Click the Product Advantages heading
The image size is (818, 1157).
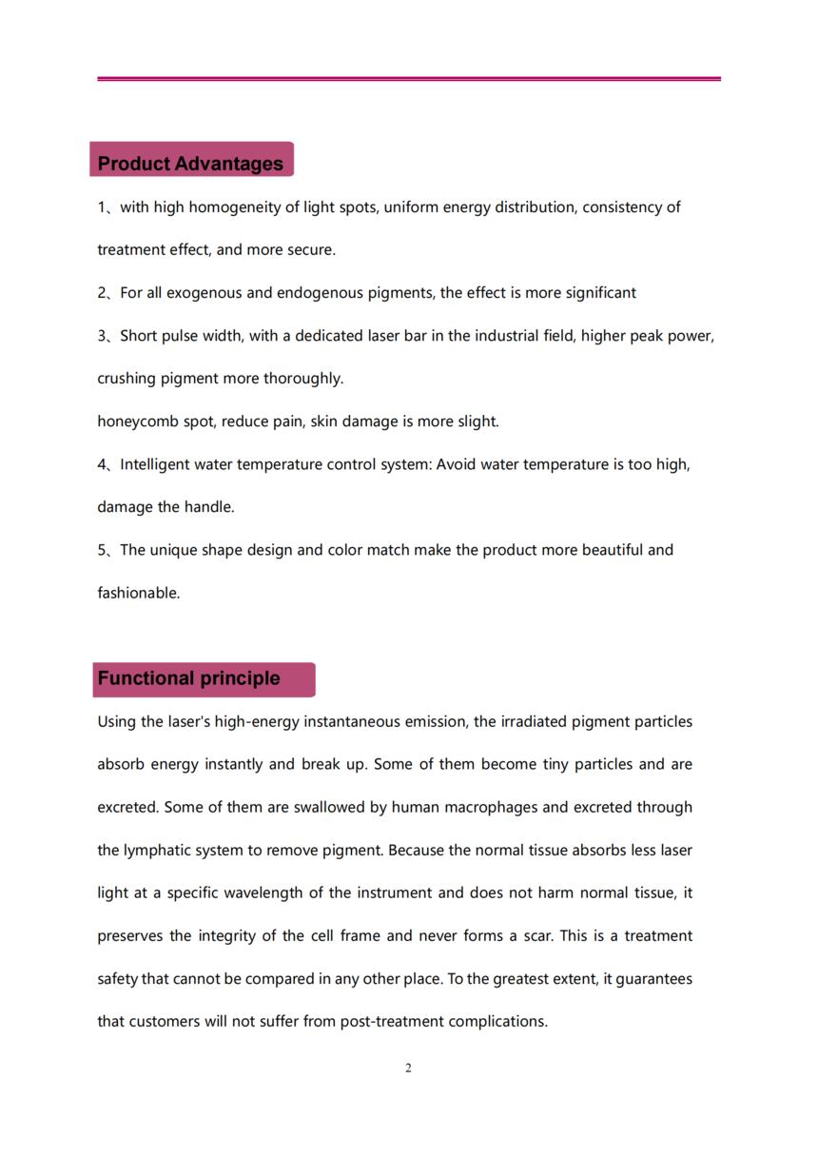coord(190,164)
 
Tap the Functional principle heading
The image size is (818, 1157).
coord(188,678)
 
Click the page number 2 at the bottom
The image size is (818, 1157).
coord(409,1069)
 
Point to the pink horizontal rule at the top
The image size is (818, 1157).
coord(409,79)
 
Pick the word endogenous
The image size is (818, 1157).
coord(318,293)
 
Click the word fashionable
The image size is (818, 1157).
coord(139,593)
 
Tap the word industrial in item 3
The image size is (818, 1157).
coord(508,336)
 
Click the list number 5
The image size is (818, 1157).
coord(102,550)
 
